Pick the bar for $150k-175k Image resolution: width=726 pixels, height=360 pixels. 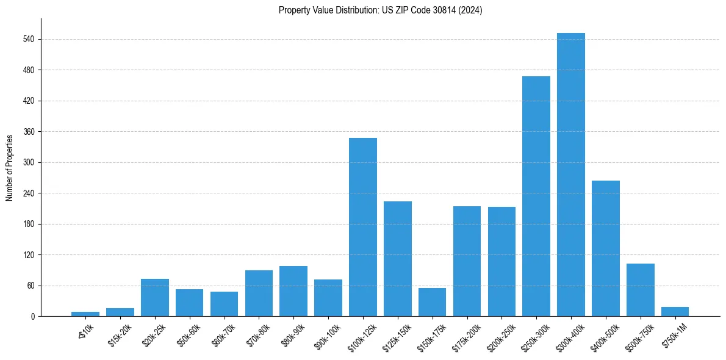coord(432,302)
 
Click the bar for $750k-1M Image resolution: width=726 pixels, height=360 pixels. coord(675,311)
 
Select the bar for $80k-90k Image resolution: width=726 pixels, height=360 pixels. coord(293,291)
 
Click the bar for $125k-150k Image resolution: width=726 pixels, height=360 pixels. coord(398,259)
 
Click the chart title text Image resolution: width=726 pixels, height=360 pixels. coord(380,10)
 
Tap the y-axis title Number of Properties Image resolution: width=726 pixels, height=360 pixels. coord(10,168)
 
